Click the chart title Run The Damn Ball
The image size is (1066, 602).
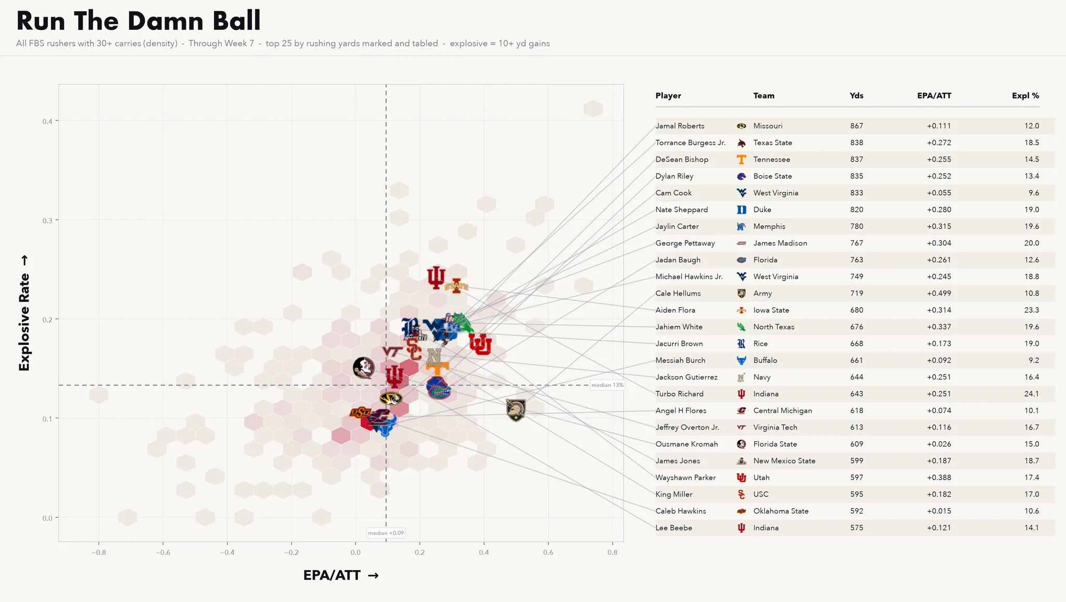point(138,21)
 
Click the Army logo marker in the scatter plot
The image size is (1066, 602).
point(516,410)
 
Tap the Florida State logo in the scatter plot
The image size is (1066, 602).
point(363,368)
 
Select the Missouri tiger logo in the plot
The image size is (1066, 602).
point(391,399)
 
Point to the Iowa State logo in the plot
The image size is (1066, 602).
point(456,286)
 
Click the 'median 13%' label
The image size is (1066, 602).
point(607,386)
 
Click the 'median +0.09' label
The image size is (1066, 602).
point(386,533)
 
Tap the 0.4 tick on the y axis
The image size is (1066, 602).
point(47,121)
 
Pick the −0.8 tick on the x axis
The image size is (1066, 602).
point(98,553)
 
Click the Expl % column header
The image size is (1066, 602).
point(1025,96)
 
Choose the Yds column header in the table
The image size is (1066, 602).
point(856,96)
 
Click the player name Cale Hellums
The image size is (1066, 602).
point(678,293)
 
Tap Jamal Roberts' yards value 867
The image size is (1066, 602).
point(856,126)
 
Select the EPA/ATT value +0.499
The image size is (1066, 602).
point(938,293)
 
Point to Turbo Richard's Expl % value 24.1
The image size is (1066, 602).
point(1032,394)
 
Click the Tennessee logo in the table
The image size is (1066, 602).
point(742,159)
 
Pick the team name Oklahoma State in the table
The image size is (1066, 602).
point(781,511)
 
